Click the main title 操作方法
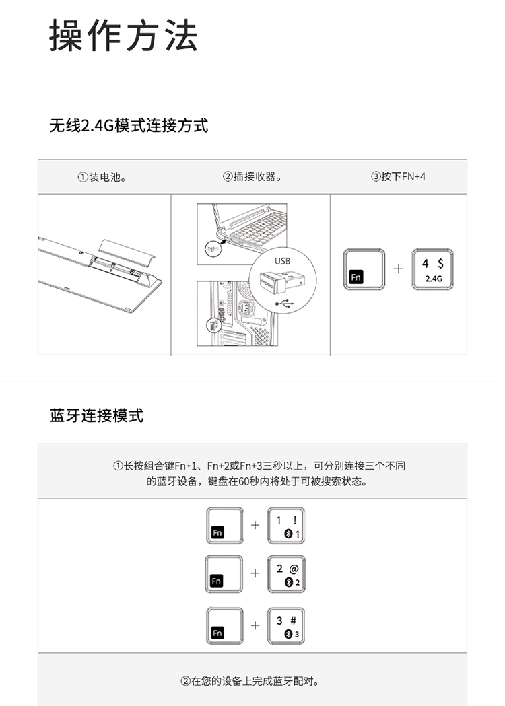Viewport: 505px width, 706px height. (x=123, y=36)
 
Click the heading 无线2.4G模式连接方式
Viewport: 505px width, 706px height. (x=129, y=125)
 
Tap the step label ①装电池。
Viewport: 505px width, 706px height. (x=102, y=177)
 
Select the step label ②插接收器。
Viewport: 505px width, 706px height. (x=252, y=176)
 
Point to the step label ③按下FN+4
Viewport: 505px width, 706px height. (x=398, y=176)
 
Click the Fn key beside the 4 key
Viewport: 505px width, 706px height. (x=364, y=269)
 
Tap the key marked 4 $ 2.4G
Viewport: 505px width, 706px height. (x=432, y=269)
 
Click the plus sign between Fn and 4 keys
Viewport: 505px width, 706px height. (x=398, y=269)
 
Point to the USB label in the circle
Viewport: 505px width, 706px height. (x=282, y=261)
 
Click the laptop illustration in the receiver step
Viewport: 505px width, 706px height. (x=250, y=227)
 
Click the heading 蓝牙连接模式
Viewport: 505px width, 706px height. (x=96, y=415)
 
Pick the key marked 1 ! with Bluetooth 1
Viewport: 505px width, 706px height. (x=286, y=526)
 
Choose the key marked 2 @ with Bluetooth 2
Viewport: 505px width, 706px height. (x=286, y=574)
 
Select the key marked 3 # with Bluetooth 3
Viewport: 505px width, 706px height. (x=286, y=626)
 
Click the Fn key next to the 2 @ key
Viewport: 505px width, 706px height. (x=224, y=574)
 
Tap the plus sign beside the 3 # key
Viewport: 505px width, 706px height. (x=255, y=625)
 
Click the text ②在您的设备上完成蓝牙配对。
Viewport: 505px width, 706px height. (x=250, y=681)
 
